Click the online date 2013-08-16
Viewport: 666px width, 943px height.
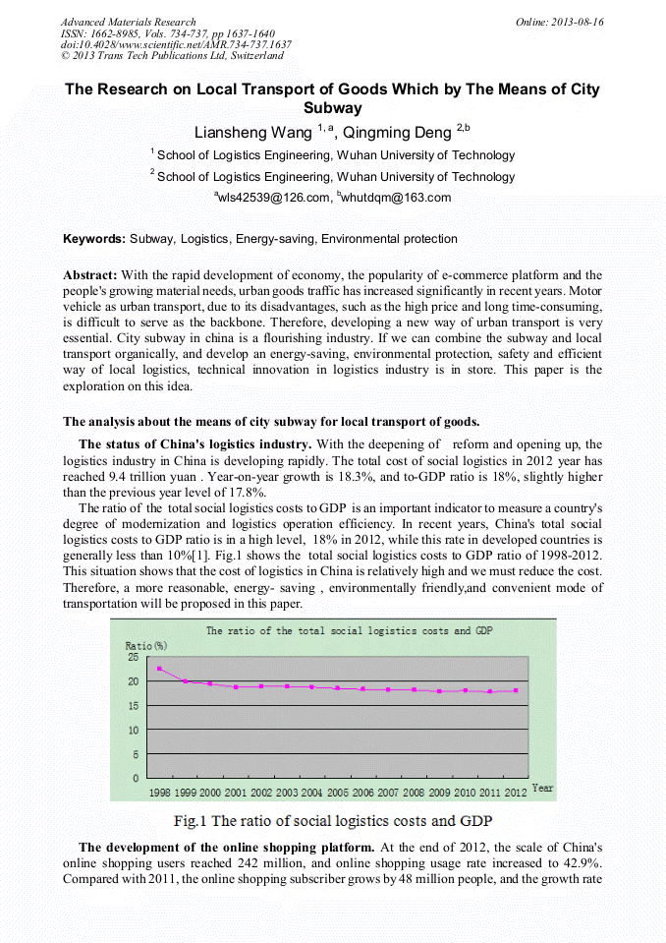point(560,22)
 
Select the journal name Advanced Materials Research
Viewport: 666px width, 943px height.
point(129,22)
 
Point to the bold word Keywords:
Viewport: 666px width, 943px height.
point(94,239)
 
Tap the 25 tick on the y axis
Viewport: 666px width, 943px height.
point(132,658)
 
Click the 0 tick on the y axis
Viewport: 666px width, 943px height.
point(135,778)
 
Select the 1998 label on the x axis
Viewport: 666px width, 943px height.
point(159,792)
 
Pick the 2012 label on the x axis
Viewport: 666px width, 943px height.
point(516,792)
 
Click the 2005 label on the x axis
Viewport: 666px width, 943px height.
point(337,792)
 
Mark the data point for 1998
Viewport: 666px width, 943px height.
point(159,669)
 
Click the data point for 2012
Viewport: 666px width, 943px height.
point(516,690)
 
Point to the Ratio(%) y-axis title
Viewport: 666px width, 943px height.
point(146,645)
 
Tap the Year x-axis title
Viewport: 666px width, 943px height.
point(542,789)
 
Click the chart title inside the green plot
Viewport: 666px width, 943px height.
point(349,631)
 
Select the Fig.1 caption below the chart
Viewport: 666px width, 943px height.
point(332,820)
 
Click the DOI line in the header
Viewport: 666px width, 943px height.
point(176,44)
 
